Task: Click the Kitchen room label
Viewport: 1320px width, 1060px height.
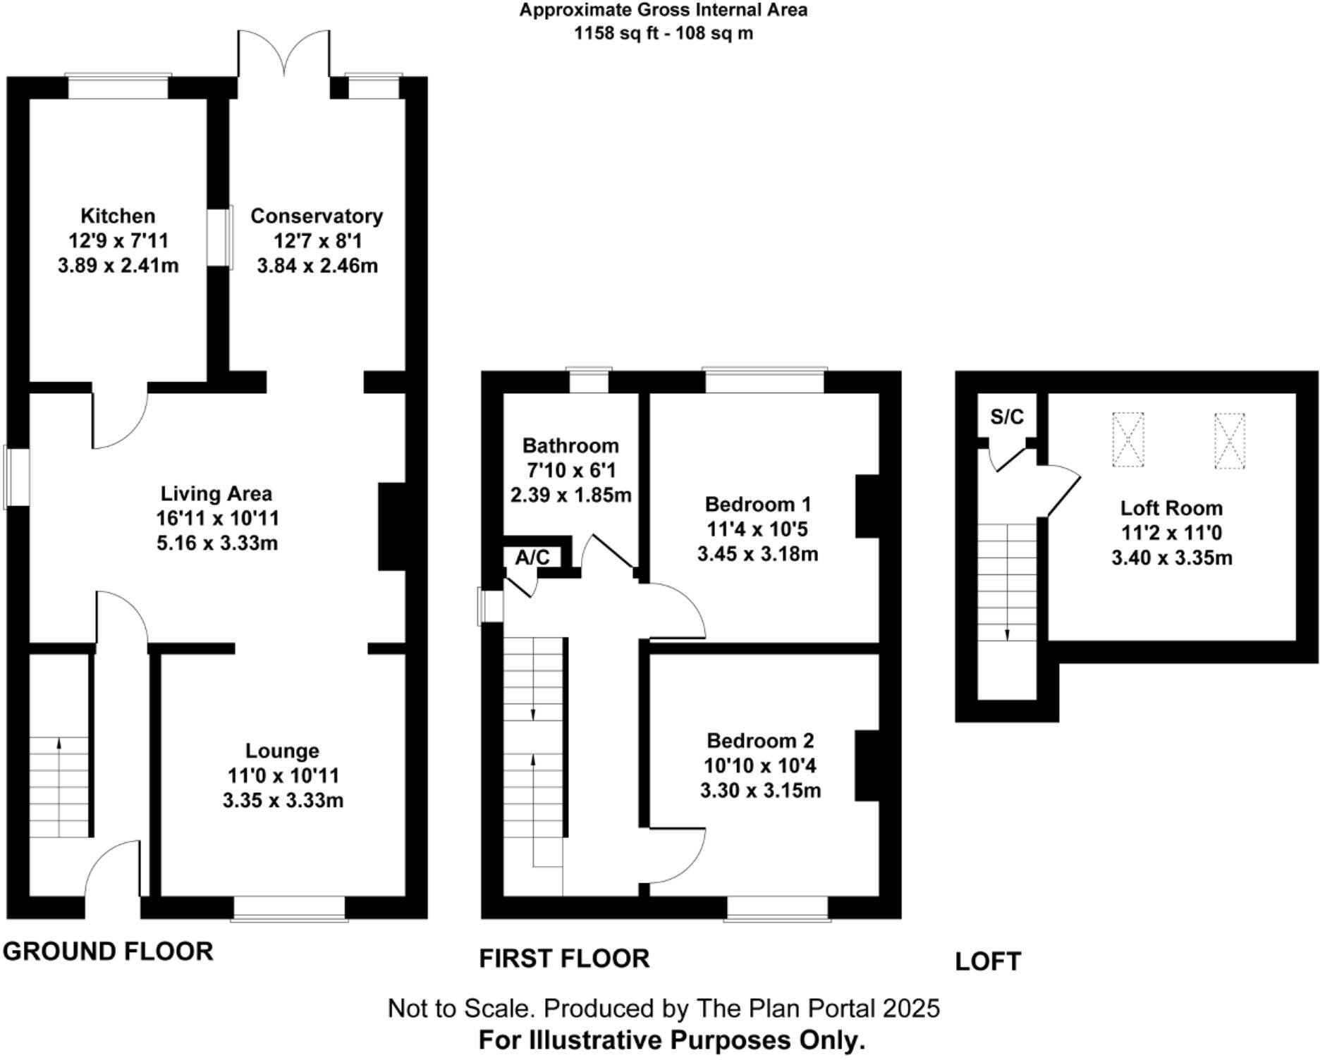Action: (118, 216)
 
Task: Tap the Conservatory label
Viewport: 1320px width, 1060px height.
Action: (317, 216)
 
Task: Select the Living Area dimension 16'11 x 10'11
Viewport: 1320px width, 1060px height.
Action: (217, 519)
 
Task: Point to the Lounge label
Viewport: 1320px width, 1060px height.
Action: (282, 751)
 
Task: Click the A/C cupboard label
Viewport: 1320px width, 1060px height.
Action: (532, 558)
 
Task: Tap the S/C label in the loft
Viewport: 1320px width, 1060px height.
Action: (1006, 417)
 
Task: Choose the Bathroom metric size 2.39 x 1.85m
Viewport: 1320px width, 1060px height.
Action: (570, 495)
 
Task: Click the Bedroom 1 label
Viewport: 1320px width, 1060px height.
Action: (758, 505)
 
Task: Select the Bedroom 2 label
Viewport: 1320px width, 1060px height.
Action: (760, 741)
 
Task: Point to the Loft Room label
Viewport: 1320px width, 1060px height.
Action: (1171, 508)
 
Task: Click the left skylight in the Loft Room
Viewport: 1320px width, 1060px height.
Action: (1127, 440)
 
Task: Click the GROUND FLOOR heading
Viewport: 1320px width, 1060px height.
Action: (108, 951)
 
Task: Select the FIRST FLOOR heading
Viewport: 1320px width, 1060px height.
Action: (564, 959)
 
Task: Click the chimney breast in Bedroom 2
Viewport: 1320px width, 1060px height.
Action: (867, 766)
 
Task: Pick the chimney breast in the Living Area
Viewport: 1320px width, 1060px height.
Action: (392, 526)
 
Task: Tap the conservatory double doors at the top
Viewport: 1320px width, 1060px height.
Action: (283, 54)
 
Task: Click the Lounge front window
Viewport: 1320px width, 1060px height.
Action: (289, 908)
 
